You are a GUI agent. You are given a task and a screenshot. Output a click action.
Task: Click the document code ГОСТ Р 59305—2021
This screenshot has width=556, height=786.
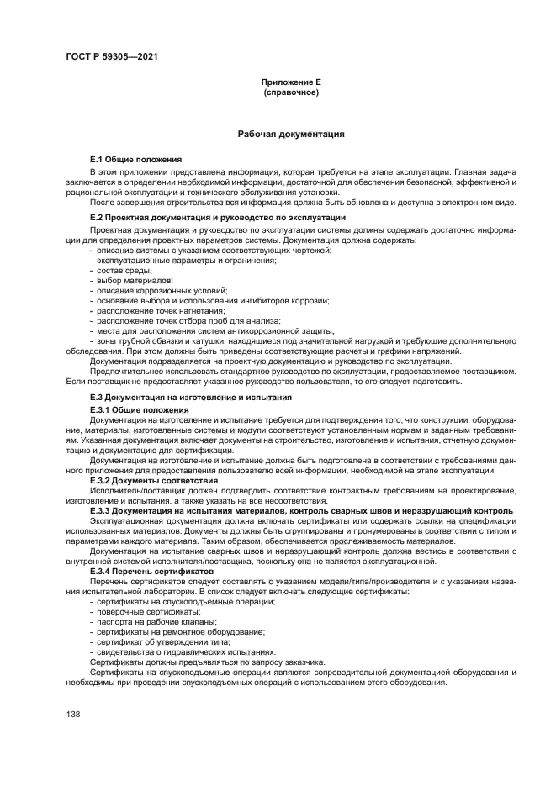coord(111,56)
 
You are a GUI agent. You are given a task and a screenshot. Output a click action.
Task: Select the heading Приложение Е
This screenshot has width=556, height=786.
coord(291,82)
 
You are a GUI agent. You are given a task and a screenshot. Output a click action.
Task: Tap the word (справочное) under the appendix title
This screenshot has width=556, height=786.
coord(291,92)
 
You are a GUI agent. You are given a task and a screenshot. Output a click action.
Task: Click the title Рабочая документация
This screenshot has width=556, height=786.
coord(291,134)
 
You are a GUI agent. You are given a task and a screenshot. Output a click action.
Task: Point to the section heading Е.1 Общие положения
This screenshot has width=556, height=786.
coord(136,159)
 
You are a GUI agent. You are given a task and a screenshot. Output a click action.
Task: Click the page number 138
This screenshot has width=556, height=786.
coord(72,714)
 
